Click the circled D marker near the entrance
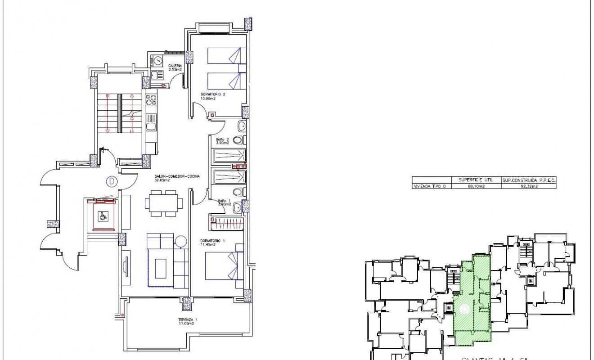(x=111, y=182)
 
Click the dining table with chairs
(x=161, y=202)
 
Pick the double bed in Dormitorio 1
(x=223, y=266)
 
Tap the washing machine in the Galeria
(x=157, y=60)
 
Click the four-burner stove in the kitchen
(x=151, y=99)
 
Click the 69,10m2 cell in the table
(x=477, y=186)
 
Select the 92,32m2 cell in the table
(x=528, y=186)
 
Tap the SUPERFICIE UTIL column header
(x=477, y=180)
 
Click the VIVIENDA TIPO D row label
(x=432, y=186)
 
